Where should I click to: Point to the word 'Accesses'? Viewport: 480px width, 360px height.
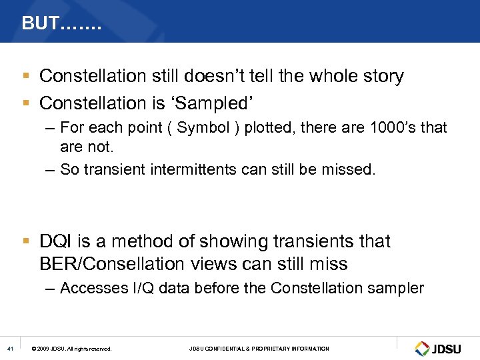(x=91, y=288)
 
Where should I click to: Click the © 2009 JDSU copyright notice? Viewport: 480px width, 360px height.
(x=71, y=349)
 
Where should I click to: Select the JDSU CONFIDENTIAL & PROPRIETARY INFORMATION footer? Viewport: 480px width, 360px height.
(x=259, y=349)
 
